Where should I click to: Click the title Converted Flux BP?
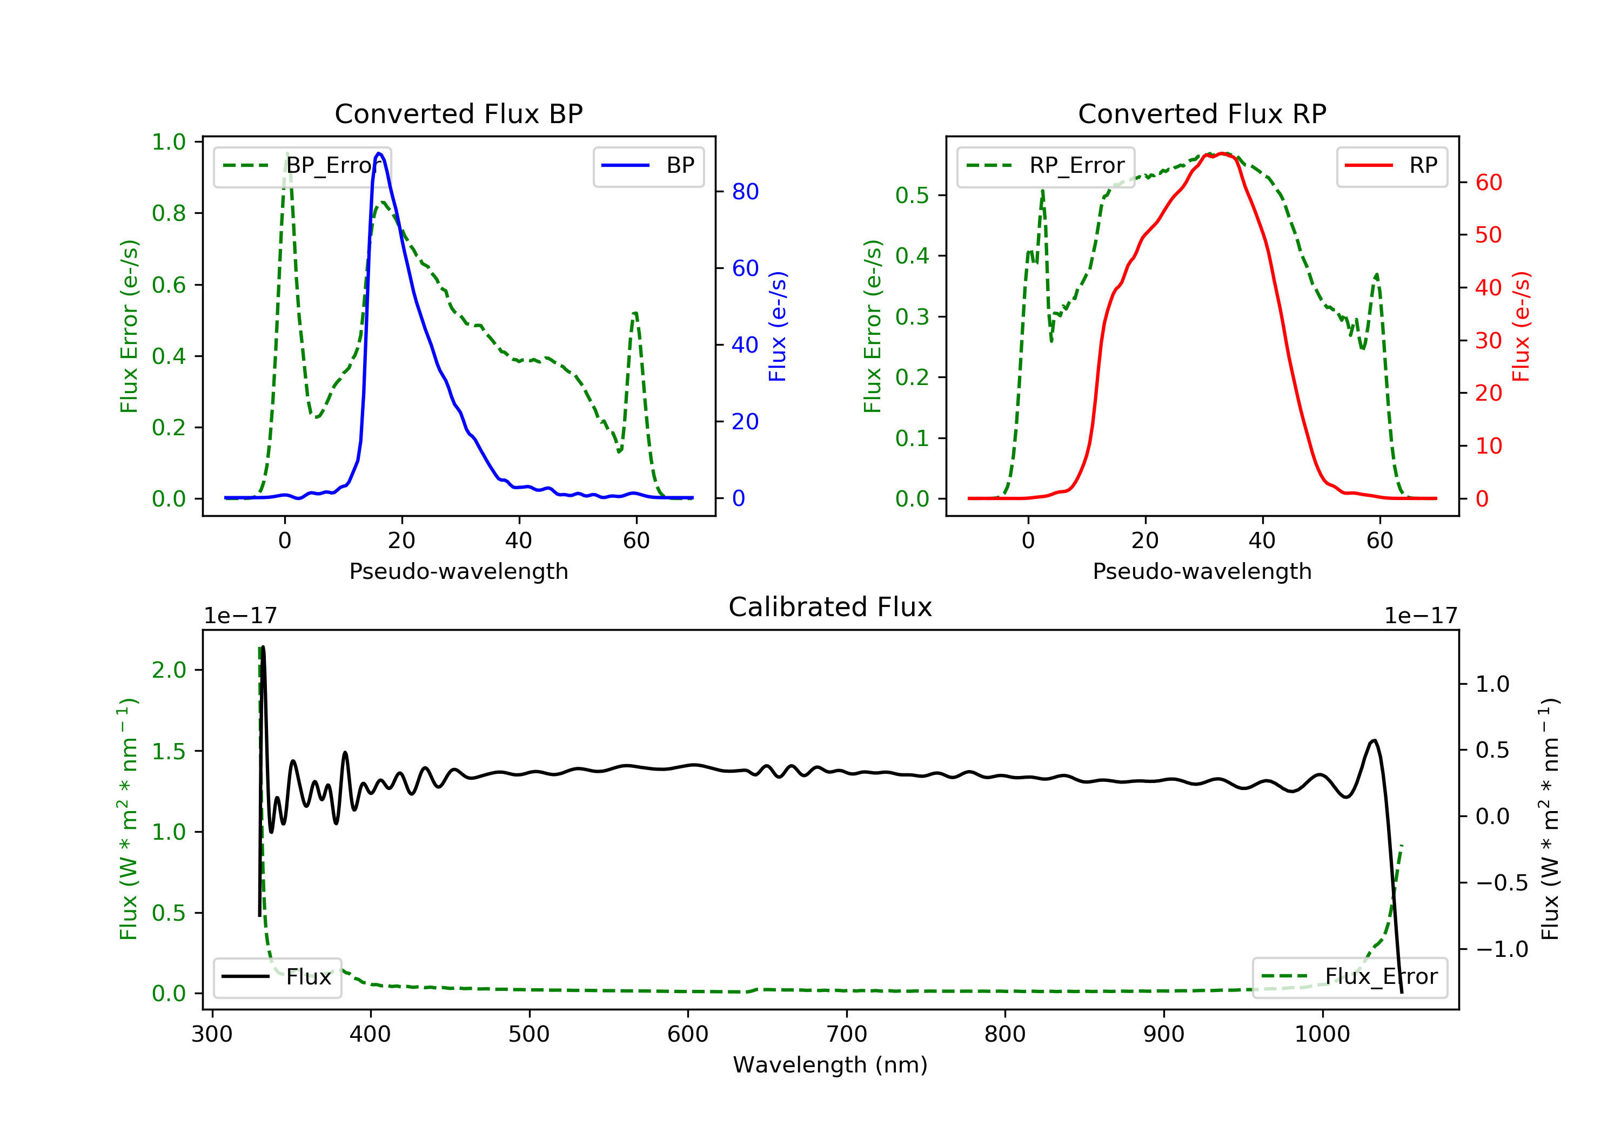[x=458, y=113]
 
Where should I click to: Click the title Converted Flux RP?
[x=1202, y=113]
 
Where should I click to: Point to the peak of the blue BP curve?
[x=379, y=153]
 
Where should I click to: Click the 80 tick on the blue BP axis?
[x=745, y=191]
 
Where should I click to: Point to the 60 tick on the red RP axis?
[x=1488, y=183]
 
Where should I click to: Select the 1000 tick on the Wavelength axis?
[x=1322, y=1035]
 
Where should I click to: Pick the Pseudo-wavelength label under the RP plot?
[x=1202, y=571]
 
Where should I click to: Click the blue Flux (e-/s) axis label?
[x=778, y=326]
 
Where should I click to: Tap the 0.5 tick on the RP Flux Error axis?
[x=912, y=195]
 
